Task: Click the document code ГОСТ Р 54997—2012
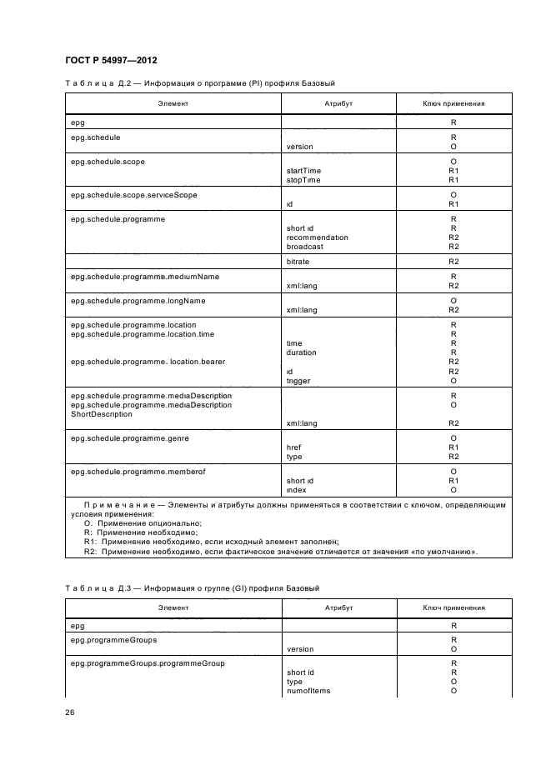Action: pos(110,60)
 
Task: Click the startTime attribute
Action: pos(303,170)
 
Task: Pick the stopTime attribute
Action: pos(303,179)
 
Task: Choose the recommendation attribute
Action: pos(317,237)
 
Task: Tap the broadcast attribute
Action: pos(305,247)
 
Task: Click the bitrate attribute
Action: pos(298,262)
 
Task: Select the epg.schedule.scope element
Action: pos(109,160)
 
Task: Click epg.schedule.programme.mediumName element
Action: pos(145,276)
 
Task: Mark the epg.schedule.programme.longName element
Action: pos(138,300)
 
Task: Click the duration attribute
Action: pos(301,352)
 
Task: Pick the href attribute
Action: pos(293,447)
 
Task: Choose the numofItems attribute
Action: pos(308,691)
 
